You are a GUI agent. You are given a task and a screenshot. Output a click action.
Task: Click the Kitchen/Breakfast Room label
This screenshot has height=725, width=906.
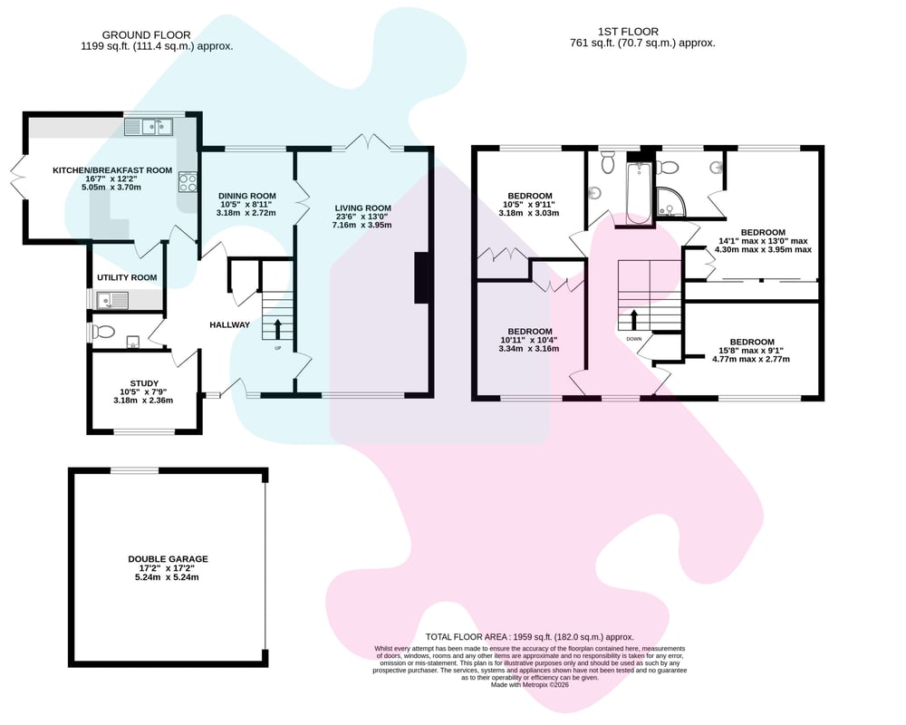tap(112, 170)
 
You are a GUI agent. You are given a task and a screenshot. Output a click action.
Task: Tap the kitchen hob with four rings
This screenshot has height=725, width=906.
tap(188, 183)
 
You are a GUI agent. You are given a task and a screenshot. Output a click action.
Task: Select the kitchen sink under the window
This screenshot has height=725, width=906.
tap(149, 127)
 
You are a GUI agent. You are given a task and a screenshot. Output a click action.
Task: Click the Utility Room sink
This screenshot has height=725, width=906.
tap(112, 300)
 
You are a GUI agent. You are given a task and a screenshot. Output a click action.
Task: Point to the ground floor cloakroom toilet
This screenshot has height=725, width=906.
tap(103, 332)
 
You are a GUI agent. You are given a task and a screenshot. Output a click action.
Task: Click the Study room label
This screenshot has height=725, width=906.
tap(144, 383)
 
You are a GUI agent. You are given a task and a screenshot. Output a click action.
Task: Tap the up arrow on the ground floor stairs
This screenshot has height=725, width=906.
tap(276, 328)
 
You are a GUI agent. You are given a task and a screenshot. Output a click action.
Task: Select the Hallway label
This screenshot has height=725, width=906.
tap(229, 325)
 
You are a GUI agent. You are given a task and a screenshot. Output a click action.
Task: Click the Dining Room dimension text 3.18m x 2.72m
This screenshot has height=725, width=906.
tap(246, 213)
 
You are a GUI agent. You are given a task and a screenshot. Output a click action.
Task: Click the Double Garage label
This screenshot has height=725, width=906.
tap(169, 559)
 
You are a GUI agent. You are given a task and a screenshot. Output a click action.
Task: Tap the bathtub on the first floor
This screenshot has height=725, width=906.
tap(639, 193)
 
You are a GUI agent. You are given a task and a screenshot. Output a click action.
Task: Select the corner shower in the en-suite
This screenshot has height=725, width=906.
tap(670, 202)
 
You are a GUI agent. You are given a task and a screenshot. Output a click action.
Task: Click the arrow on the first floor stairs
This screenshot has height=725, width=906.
tap(634, 320)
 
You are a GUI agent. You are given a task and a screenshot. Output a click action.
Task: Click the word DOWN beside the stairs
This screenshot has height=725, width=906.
tap(634, 339)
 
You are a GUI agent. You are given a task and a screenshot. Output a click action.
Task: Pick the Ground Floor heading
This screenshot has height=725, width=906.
tap(146, 35)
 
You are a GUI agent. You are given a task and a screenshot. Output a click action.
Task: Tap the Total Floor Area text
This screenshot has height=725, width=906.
tap(529, 636)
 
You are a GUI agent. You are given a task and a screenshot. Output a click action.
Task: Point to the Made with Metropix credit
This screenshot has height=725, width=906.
tap(530, 684)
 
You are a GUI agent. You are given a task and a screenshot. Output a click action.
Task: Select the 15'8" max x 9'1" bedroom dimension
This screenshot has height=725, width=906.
tap(751, 351)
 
